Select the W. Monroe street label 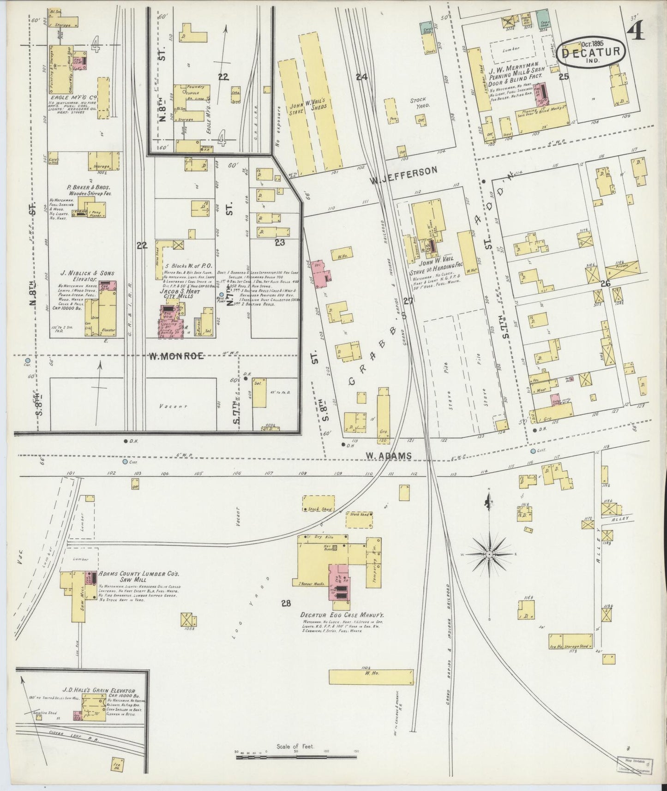click(176, 355)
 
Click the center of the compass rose click(489, 553)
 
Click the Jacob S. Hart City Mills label click(176, 294)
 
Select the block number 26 click(605, 283)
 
